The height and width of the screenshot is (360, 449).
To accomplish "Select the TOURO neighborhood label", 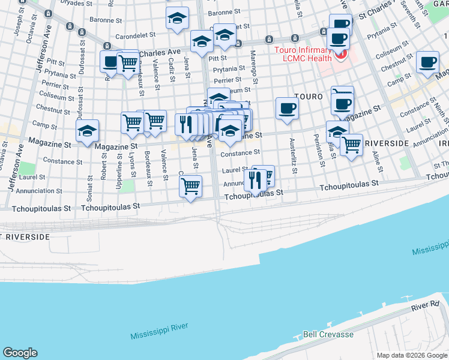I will coord(309,96).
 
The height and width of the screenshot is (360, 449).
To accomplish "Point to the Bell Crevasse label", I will coord(328,334).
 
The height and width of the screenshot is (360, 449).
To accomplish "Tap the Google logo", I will coord(20,353).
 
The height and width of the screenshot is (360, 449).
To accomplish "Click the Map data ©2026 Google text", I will coord(412,355).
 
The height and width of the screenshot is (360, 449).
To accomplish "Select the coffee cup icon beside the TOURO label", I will coord(287,109).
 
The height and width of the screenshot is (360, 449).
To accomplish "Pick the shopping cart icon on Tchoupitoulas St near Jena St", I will coord(190,185).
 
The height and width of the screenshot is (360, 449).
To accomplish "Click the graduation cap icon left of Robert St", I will coord(88,131).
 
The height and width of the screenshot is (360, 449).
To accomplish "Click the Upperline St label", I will coord(119,171).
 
